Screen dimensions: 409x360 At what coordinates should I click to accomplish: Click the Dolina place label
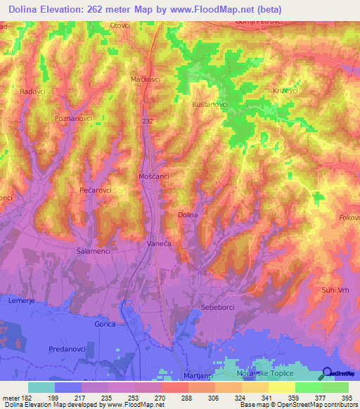(x=188, y=215)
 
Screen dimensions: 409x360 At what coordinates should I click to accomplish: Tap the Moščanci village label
(x=154, y=176)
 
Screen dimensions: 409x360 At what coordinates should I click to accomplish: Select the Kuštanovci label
(x=209, y=104)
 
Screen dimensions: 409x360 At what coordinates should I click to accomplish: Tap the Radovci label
(x=33, y=92)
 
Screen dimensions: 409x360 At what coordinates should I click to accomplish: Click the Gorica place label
(x=105, y=325)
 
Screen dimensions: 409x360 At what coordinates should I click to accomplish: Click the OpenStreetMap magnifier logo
(x=326, y=375)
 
